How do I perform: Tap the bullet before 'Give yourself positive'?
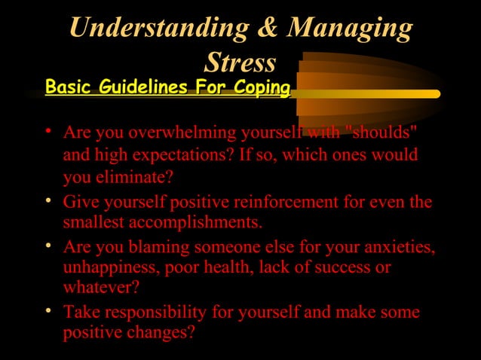click(x=48, y=202)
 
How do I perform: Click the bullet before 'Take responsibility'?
click(x=48, y=311)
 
